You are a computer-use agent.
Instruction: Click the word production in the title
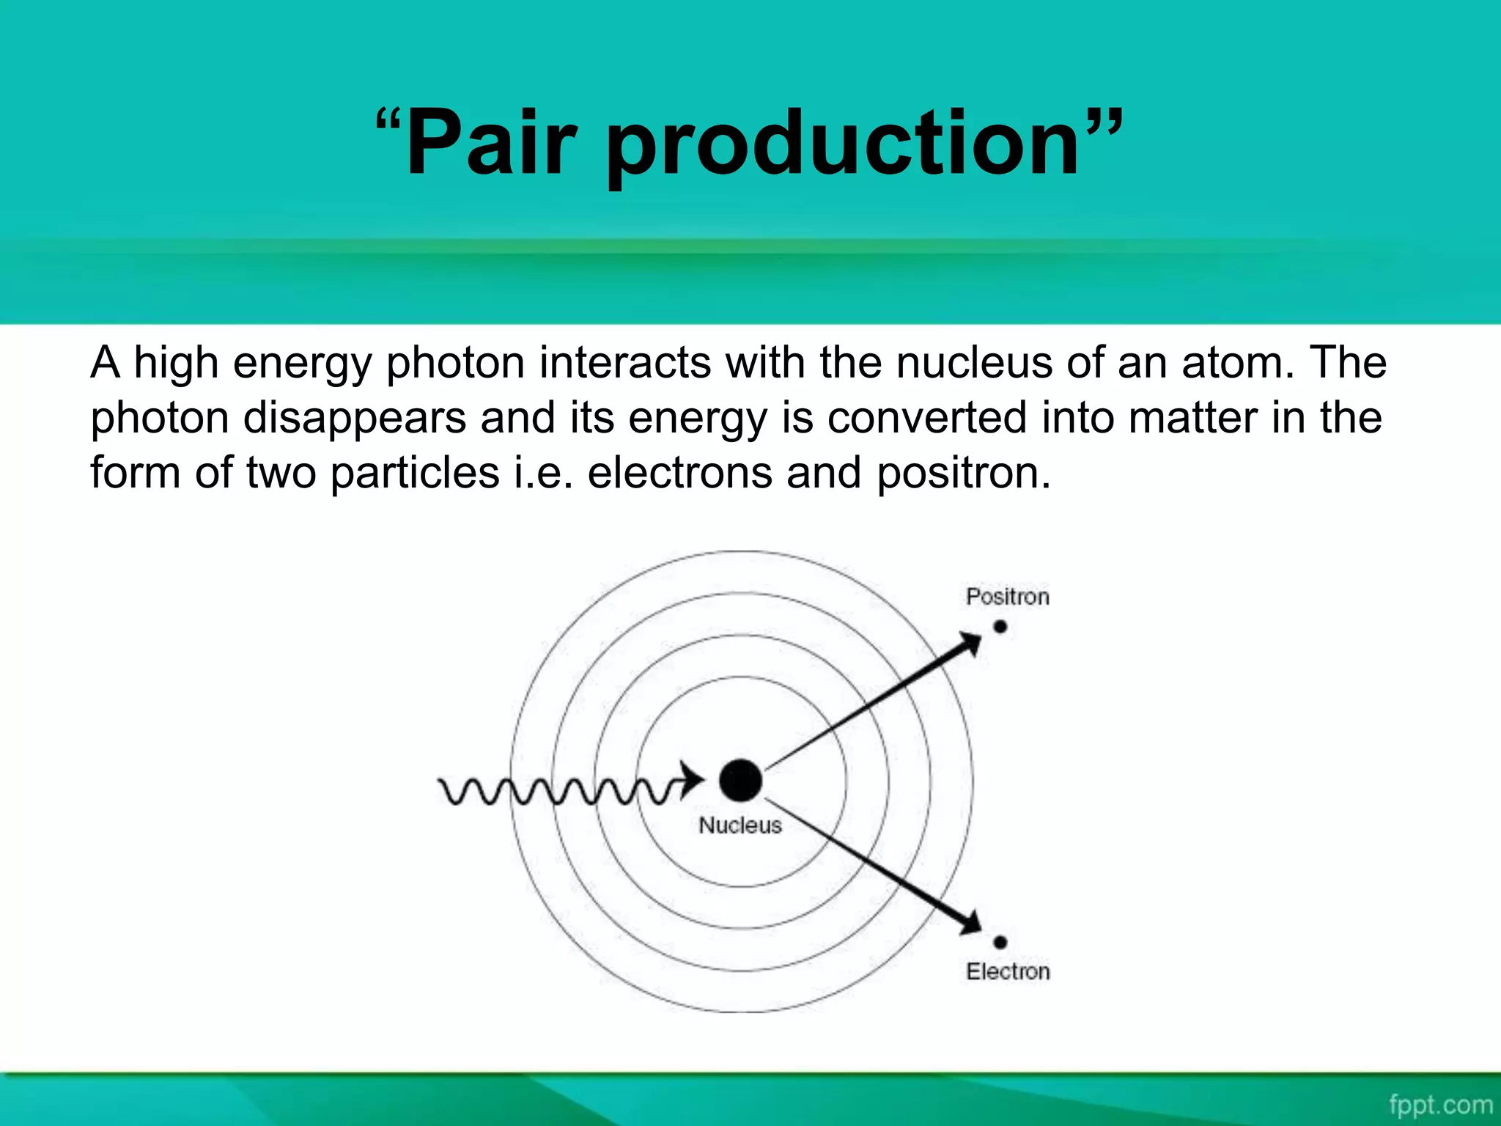click(x=843, y=147)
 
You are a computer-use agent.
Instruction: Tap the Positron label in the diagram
click(x=1007, y=597)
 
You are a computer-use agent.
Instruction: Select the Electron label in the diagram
click(x=1008, y=971)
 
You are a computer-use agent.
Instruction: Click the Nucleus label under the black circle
click(x=740, y=825)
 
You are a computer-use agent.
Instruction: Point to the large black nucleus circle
click(x=740, y=780)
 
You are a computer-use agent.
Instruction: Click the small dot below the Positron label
click(x=1000, y=627)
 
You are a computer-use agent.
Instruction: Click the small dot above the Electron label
click(x=1000, y=942)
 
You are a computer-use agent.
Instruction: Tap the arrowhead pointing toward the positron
click(x=971, y=644)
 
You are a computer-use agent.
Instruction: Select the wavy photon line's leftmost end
click(x=442, y=786)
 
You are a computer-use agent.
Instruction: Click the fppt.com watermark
click(x=1440, y=1105)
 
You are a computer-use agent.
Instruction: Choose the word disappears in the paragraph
click(x=355, y=418)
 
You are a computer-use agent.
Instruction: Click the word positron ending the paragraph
click(x=963, y=474)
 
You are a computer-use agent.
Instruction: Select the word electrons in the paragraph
click(x=679, y=473)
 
